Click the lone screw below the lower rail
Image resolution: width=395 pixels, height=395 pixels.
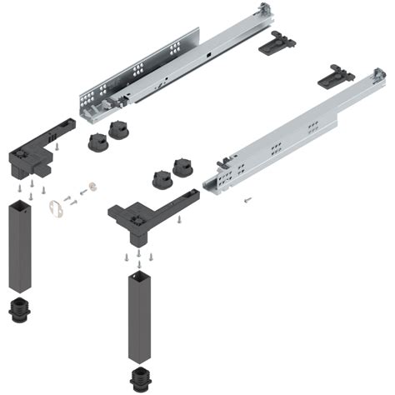click(x=247, y=199)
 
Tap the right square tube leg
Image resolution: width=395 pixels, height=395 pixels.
click(x=138, y=317)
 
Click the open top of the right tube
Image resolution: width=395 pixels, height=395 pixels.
click(x=138, y=272)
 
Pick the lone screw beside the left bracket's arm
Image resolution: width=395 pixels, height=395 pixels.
click(x=57, y=146)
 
